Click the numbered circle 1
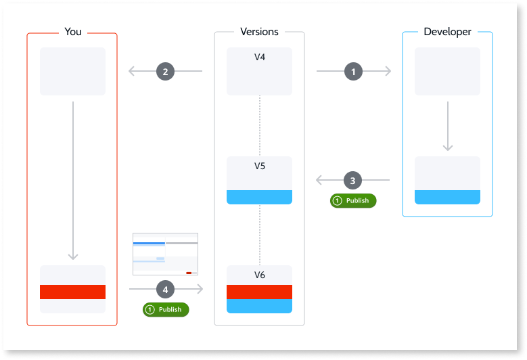coord(352,71)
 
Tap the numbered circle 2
coord(166,71)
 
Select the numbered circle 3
coord(352,181)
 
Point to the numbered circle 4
coord(166,290)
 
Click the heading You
coord(72,32)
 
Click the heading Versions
coord(259,32)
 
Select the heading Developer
coord(447,32)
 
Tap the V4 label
coord(259,58)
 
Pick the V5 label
coord(259,166)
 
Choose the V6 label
coord(259,275)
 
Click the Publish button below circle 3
coord(352,200)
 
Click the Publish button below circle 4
coord(166,309)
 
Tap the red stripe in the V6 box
coord(259,292)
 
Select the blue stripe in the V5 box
coord(259,197)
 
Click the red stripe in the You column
coord(72,292)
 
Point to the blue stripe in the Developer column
coord(447,197)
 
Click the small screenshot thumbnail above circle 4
coord(166,254)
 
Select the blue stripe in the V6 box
coord(259,306)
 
